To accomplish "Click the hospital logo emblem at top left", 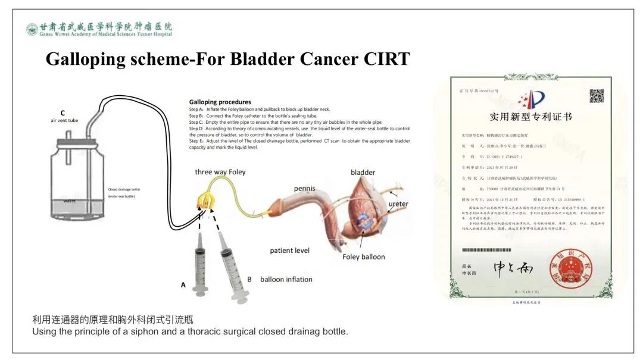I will [32, 29].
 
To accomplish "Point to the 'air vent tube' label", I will [64, 121].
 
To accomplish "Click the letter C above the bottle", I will [63, 112].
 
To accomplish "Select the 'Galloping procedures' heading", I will [220, 102].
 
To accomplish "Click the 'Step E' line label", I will [196, 141].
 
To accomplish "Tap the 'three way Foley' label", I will [220, 172].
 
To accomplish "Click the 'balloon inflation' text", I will [286, 279].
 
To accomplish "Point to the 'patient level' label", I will [289, 251].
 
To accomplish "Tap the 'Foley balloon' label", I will [363, 257].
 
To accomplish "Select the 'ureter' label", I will [398, 204].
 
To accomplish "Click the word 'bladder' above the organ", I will [363, 173].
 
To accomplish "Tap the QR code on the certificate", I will [596, 96].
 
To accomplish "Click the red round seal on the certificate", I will [567, 270].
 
